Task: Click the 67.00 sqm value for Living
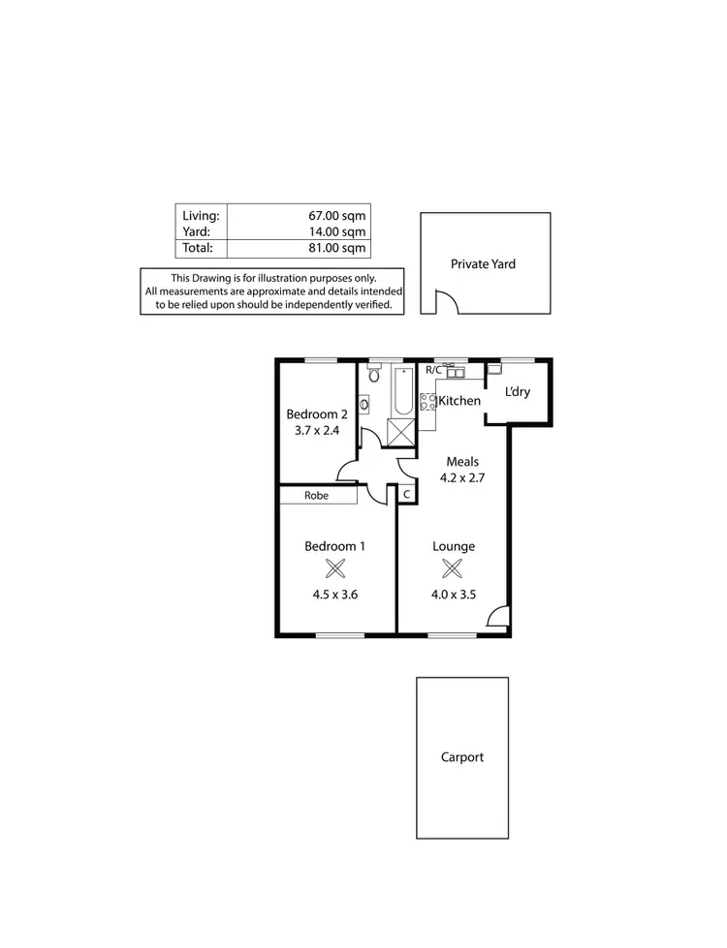coord(336,216)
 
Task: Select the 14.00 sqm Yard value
coord(336,231)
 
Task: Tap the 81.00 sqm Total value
coord(336,248)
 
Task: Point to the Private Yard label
coord(483,263)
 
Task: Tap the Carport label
coord(462,757)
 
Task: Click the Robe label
coord(316,495)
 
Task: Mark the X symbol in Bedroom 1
coord(334,570)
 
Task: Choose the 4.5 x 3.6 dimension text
coord(334,596)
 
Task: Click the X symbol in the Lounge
coord(453,570)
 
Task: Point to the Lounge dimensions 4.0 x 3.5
coord(453,596)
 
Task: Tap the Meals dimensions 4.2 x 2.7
coord(461,477)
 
